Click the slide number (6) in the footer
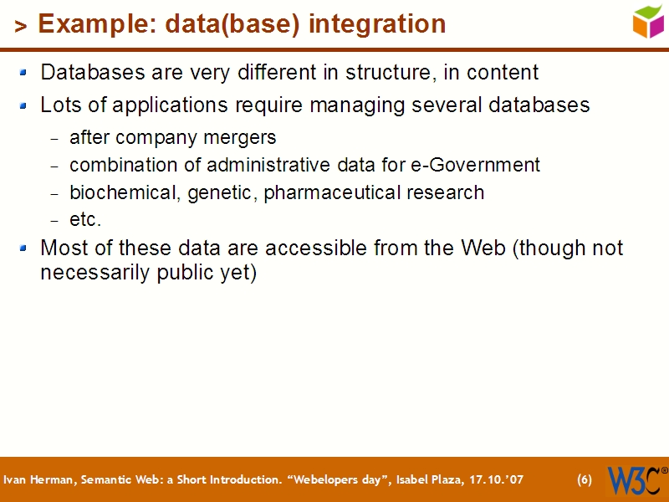point(585,480)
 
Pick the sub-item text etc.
point(85,220)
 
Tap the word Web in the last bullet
point(483,248)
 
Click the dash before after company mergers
point(54,138)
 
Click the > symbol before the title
point(21,27)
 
